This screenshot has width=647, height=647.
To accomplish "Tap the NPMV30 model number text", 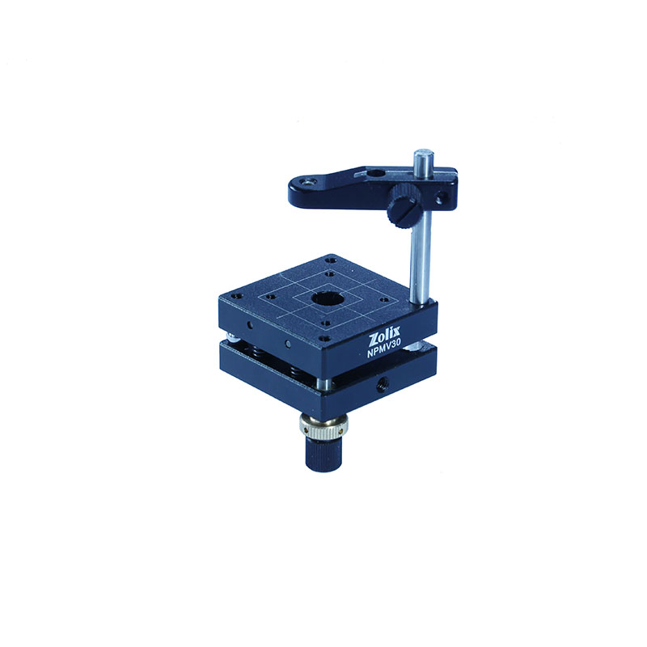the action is [382, 352].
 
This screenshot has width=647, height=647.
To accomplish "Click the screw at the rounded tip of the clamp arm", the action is [307, 181].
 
